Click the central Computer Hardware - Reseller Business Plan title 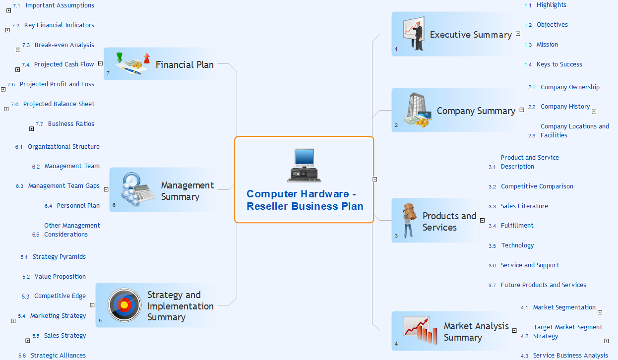coord(305,200)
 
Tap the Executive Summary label coord(470,35)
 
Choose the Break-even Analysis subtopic coord(64,45)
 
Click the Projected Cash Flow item coord(64,64)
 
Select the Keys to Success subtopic coord(559,64)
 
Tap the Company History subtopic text coord(565,107)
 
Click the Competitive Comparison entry coord(537,186)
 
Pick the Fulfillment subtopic coord(517,226)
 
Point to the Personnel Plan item coord(78,206)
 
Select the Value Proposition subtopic coord(60,277)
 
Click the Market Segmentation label coord(564,307)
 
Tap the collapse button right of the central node coord(375,180)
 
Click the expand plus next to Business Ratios coord(32,129)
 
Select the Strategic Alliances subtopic coord(58,356)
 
